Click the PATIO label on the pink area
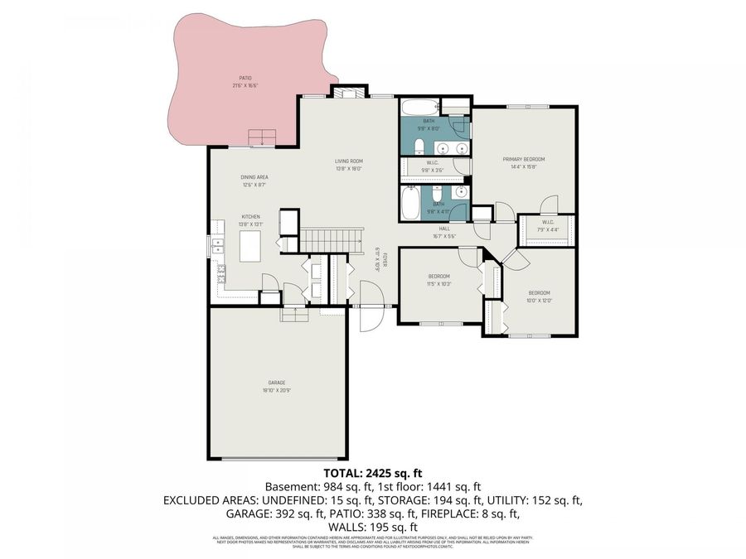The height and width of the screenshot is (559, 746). coord(245,79)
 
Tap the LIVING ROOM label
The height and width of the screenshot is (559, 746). coord(349,161)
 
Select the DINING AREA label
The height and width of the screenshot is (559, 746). coord(254,177)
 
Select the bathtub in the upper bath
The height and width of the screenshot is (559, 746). coord(420,108)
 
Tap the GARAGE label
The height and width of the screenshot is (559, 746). coord(276,383)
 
